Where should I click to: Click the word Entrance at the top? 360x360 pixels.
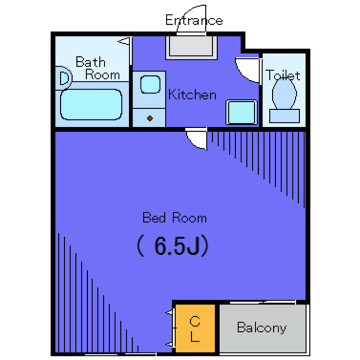point(193,21)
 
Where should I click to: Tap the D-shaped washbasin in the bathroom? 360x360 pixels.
point(64,78)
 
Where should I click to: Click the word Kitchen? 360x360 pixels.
point(192,94)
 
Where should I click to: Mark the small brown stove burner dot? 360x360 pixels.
point(150,118)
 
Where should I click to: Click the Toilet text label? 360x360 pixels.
point(283,75)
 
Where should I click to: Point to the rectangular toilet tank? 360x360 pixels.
point(284,116)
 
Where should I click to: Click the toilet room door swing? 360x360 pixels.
point(247,70)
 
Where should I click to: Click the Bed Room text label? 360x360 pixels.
point(174,218)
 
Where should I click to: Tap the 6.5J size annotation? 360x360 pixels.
point(173,246)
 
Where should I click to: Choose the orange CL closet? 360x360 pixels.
point(195,329)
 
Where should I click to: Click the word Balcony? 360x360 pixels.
point(261,327)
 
